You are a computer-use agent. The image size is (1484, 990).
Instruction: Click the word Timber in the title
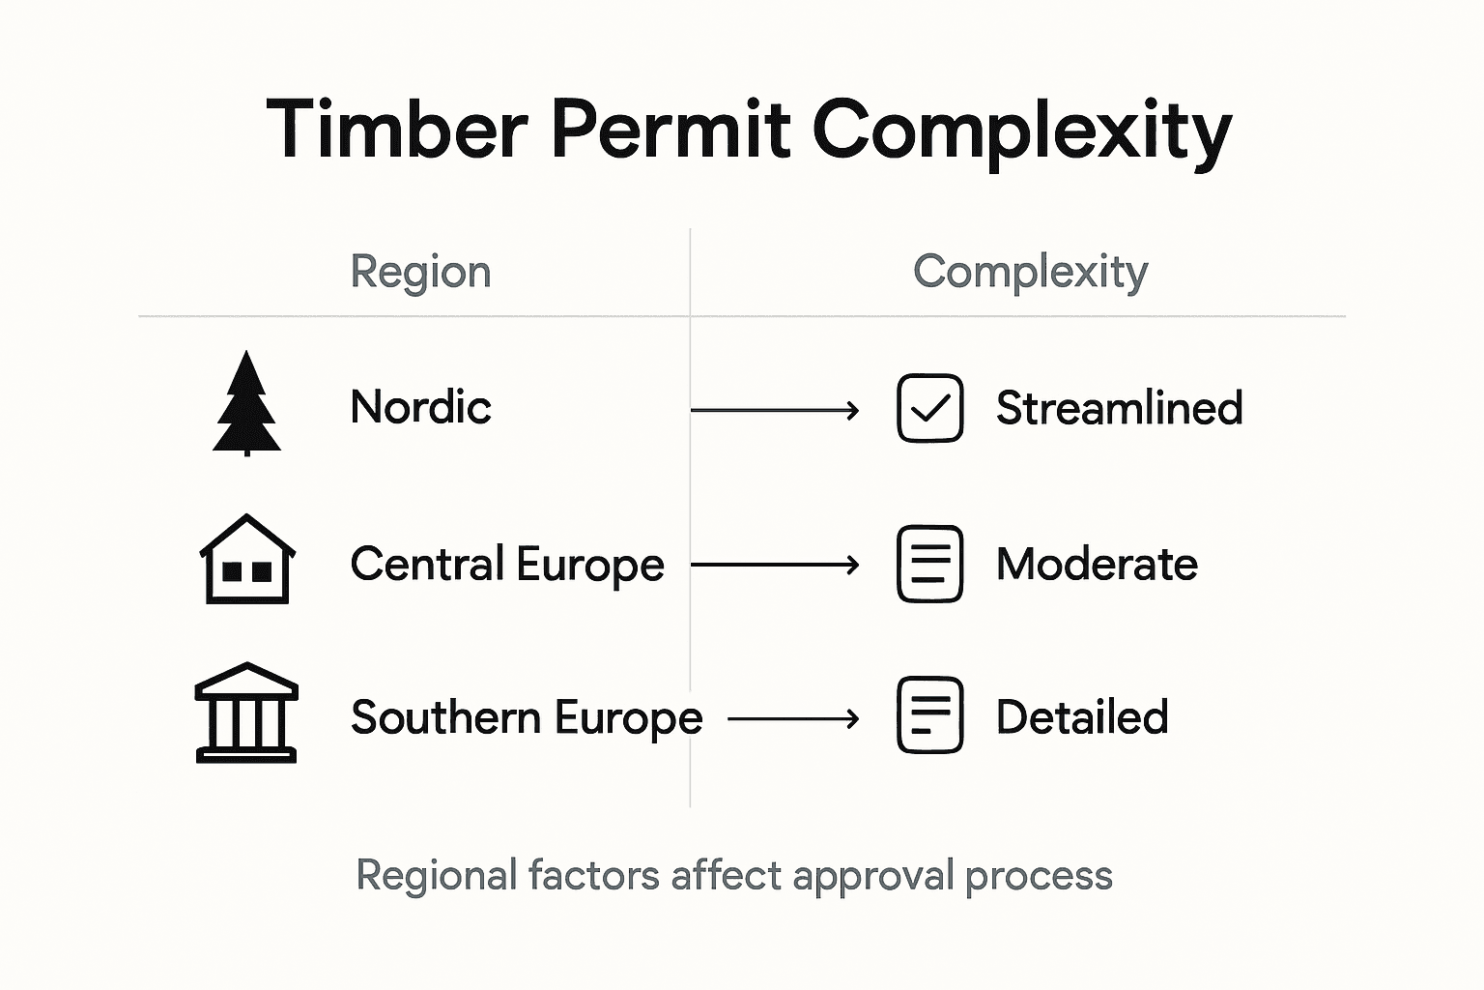(x=397, y=129)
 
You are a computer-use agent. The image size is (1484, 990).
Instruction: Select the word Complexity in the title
(x=1021, y=131)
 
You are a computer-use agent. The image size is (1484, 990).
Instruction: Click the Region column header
(x=420, y=272)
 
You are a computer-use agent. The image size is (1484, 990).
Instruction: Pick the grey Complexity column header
(x=1030, y=272)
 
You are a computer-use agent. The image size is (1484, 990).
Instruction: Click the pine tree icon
(x=246, y=403)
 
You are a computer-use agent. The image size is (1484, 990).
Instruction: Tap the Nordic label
(x=420, y=407)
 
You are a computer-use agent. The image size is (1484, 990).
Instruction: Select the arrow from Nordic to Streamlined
(x=775, y=411)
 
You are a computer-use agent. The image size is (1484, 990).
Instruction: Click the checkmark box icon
(x=929, y=408)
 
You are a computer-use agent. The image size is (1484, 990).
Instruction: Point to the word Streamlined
(x=1119, y=408)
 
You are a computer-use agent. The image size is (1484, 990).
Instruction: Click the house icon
(x=247, y=560)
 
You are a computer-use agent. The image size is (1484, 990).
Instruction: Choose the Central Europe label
(x=507, y=565)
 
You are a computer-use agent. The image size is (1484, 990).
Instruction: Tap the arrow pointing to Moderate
(x=775, y=565)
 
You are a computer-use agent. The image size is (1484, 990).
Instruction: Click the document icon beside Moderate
(x=929, y=564)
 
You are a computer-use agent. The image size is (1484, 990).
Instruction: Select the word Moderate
(x=1097, y=565)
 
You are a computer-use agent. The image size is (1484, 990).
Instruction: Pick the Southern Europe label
(x=527, y=718)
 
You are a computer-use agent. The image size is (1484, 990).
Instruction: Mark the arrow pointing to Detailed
(x=793, y=718)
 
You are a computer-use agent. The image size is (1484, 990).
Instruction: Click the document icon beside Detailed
(x=929, y=715)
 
